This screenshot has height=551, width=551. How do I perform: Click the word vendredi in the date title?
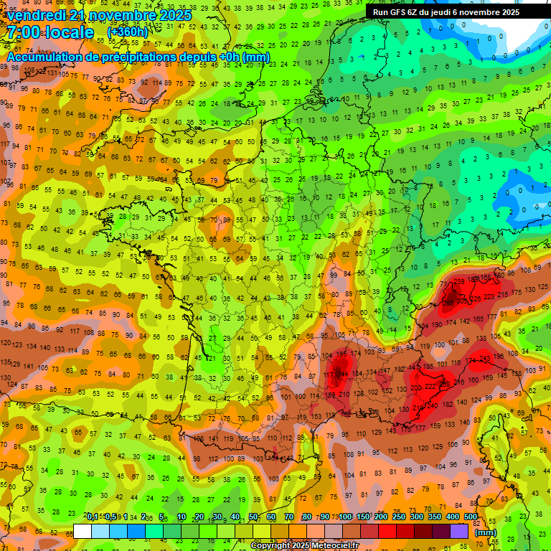tap(37, 15)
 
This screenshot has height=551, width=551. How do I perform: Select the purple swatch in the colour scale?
tap(460, 532)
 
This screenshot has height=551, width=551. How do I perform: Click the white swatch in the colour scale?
tap(83, 532)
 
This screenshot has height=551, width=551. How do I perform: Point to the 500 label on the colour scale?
tap(471, 517)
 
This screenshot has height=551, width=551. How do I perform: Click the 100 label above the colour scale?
tap(345, 517)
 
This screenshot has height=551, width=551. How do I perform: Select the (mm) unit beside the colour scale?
tap(486, 532)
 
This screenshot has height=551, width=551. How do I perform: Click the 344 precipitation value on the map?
tap(341, 374)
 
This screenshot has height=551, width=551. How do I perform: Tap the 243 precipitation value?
tap(484, 359)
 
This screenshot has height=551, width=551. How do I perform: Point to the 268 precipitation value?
tap(445, 385)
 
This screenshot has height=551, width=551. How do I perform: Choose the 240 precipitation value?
tap(432, 405)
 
